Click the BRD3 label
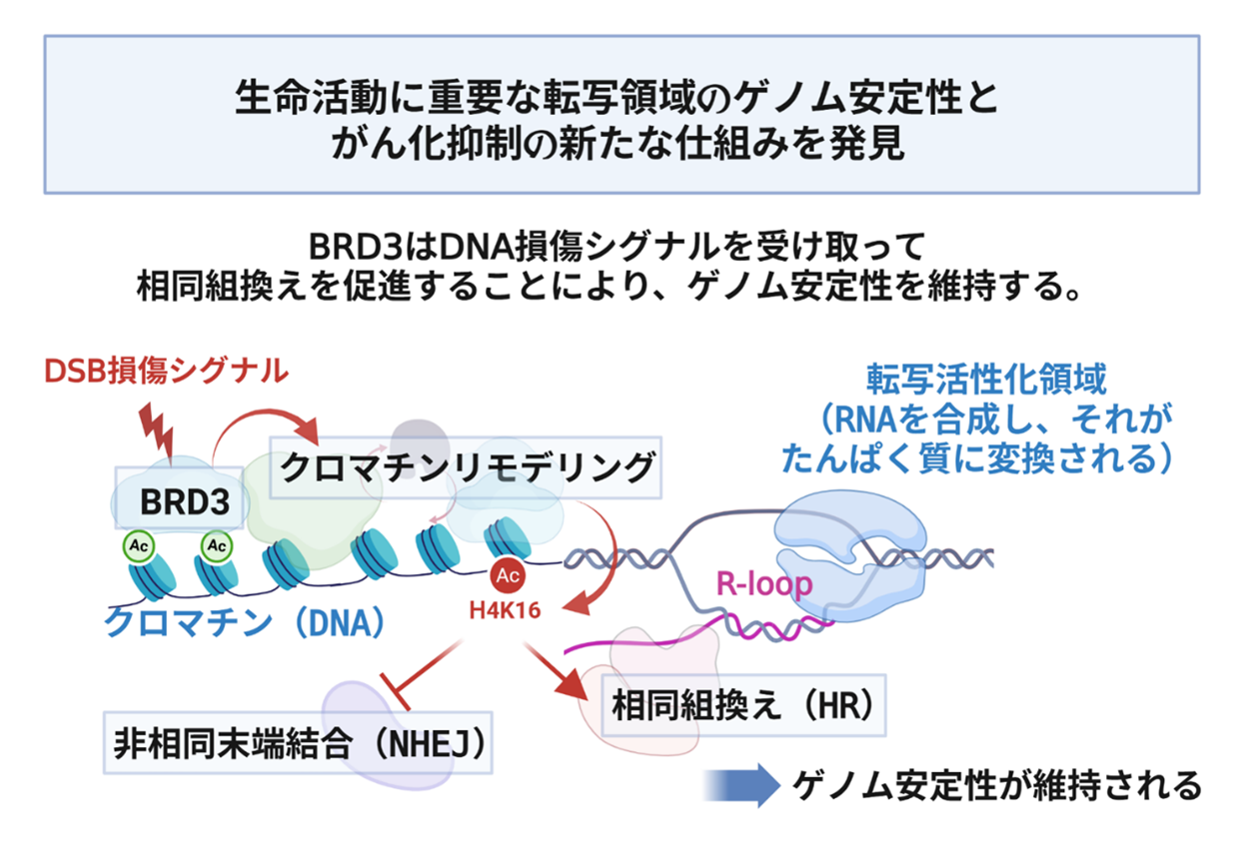[x=179, y=502]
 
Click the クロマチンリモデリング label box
[x=468, y=467]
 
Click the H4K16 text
[x=506, y=608]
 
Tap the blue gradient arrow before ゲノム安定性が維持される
[x=739, y=785]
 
